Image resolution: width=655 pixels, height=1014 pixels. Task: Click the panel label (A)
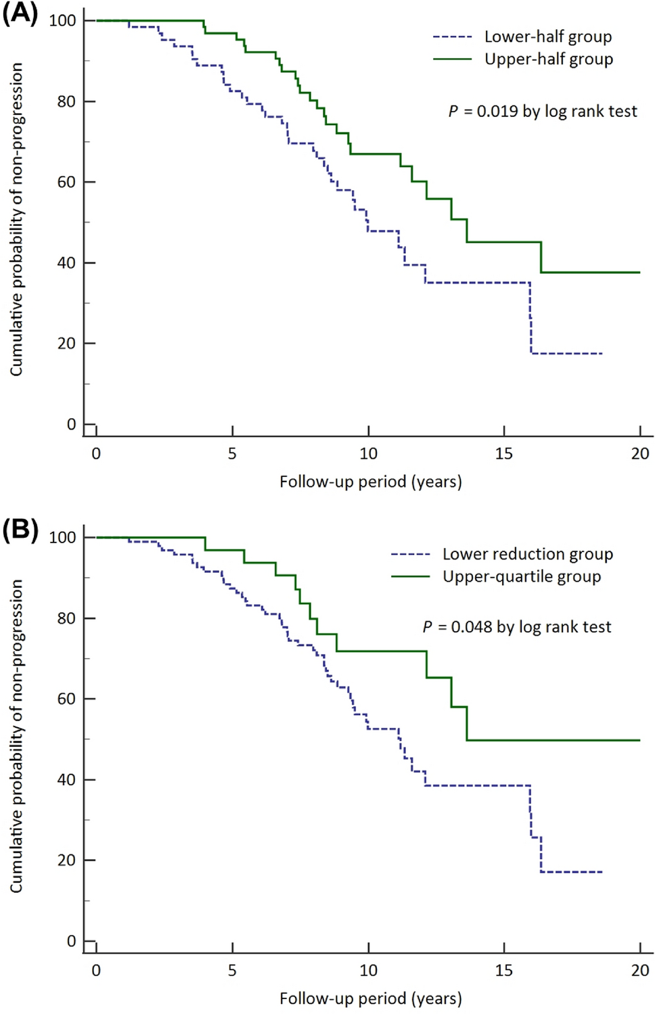point(20,14)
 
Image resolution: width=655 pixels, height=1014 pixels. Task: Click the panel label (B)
point(20,530)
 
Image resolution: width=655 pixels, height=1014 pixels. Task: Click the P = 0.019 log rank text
point(543,111)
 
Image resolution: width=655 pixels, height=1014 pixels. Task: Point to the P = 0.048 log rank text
point(517,627)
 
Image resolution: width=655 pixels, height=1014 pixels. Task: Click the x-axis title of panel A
point(370,482)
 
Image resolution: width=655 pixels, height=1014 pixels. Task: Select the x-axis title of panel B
point(370,998)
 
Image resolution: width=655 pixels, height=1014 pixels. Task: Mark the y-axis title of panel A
point(16,220)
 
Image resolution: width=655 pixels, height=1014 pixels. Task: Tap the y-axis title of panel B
point(16,736)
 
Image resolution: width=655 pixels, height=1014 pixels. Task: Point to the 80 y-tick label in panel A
point(66,101)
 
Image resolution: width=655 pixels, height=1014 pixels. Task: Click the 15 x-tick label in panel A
point(503,454)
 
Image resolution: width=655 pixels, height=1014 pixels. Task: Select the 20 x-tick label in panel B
point(639,971)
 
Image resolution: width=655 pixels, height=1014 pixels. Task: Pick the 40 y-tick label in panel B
point(66,780)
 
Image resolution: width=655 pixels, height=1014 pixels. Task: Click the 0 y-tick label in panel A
point(71,425)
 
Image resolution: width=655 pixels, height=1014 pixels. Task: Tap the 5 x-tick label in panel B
point(232,971)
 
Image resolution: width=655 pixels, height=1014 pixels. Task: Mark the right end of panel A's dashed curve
point(602,354)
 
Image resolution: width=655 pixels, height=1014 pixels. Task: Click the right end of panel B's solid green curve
point(639,740)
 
